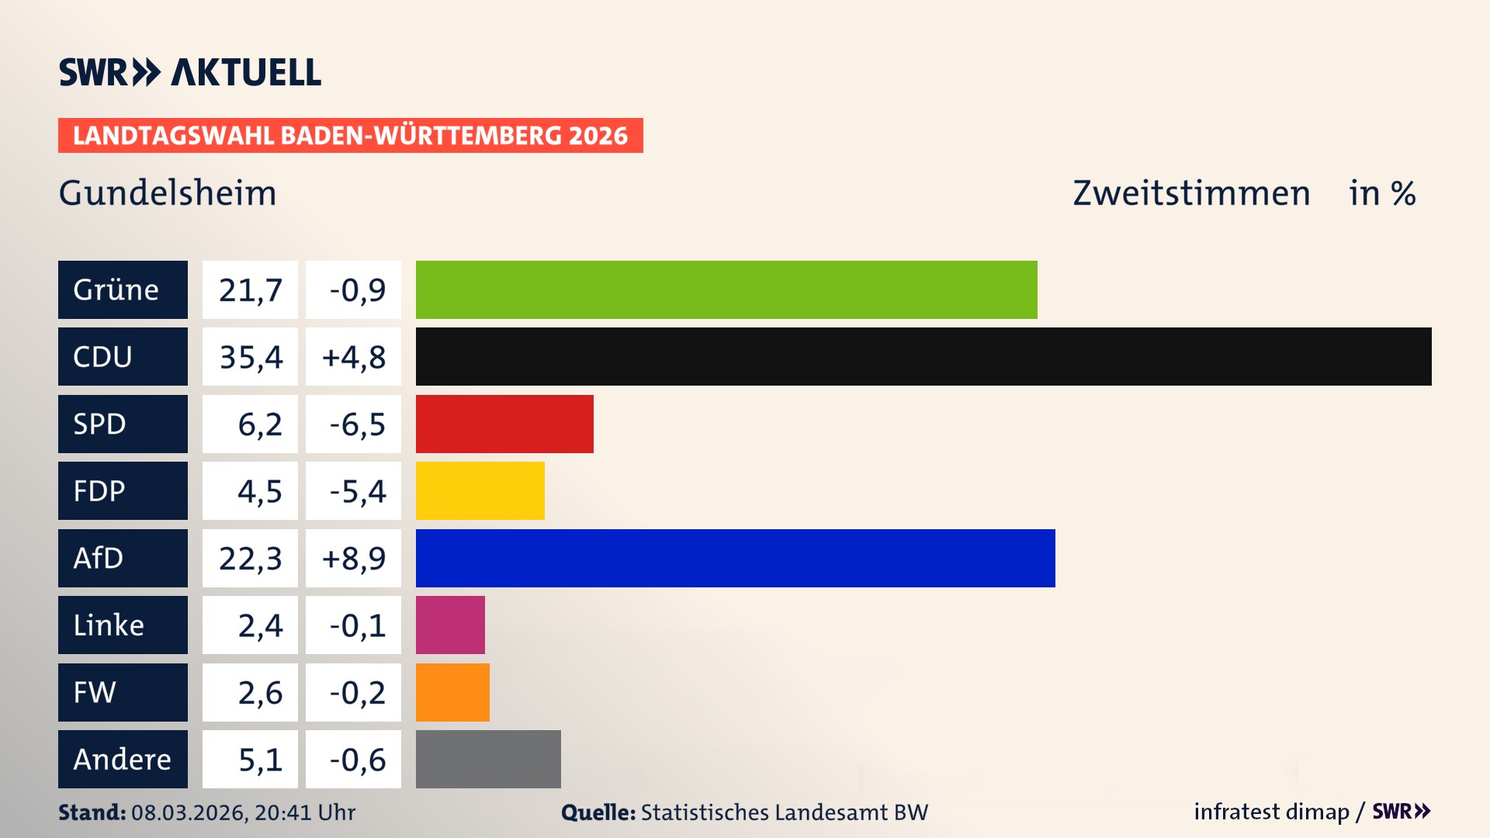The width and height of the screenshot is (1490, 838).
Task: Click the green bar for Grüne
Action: tap(726, 289)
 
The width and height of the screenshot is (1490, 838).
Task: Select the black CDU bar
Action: tap(923, 357)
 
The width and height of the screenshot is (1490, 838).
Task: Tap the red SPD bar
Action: tap(504, 424)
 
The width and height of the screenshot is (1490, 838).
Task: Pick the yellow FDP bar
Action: tap(480, 490)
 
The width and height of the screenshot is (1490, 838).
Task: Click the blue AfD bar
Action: tap(735, 558)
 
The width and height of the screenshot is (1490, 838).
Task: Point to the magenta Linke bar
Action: tap(450, 625)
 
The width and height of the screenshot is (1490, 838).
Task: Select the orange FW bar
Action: tap(452, 692)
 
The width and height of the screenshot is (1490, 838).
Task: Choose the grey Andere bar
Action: tap(488, 759)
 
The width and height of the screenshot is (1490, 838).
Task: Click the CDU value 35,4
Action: tap(250, 357)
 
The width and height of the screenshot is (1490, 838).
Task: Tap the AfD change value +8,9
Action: tap(353, 558)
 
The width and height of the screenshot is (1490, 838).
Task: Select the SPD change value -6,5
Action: tap(356, 424)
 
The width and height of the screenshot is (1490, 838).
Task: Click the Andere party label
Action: tap(123, 759)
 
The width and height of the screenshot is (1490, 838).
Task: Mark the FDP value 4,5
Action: tap(259, 490)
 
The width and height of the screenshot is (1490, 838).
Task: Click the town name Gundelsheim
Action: tap(168, 193)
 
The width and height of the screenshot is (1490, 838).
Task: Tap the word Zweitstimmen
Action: tap(1191, 193)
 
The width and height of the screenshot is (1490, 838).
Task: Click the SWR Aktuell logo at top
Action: tap(189, 72)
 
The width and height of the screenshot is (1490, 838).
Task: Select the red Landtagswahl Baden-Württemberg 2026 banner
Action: tap(350, 136)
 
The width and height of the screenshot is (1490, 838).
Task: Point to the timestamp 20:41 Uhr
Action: tap(304, 812)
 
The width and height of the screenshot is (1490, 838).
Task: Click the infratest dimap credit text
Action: tap(1270, 812)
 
